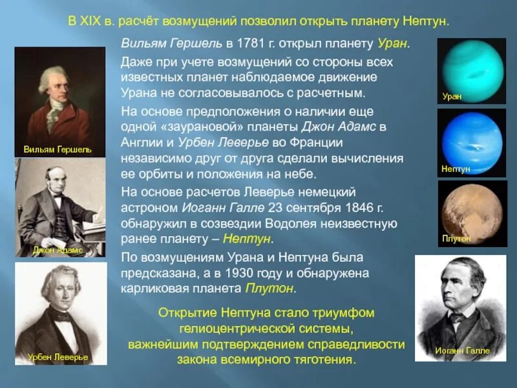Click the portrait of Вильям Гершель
59,94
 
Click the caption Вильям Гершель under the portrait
58,149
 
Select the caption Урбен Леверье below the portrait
58,356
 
